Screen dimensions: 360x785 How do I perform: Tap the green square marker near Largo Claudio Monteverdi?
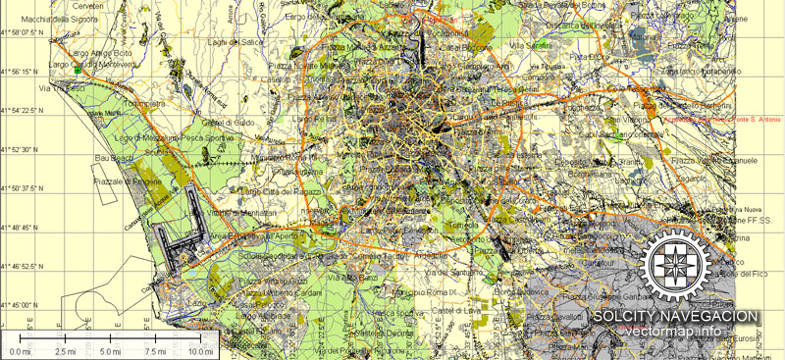(77, 71)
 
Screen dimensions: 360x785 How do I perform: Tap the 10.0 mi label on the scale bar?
(201, 350)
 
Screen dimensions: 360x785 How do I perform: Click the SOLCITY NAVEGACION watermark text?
(675, 316)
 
